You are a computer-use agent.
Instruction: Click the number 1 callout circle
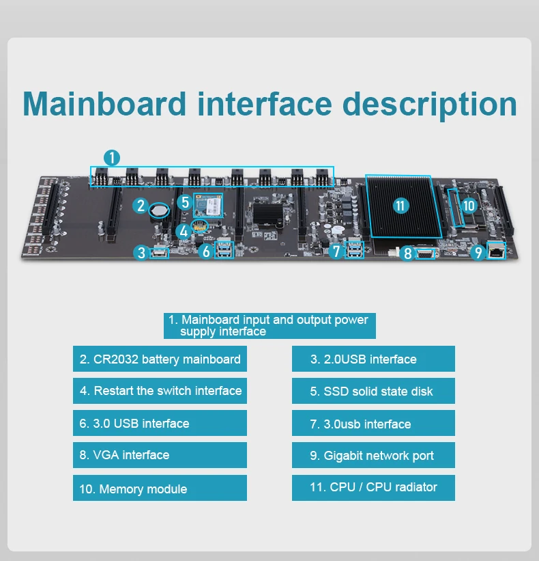point(112,157)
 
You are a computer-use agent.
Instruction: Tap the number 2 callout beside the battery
point(141,205)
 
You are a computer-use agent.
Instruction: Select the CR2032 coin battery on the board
point(160,210)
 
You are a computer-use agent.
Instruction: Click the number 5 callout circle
point(185,202)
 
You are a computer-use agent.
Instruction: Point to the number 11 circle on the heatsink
point(400,205)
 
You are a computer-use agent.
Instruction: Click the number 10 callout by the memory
point(468,205)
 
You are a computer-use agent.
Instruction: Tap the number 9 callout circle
point(478,253)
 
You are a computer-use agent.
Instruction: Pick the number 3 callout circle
point(141,253)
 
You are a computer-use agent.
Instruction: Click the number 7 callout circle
point(335,251)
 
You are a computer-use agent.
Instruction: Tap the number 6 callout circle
point(207,251)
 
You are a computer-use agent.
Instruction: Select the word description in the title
point(429,104)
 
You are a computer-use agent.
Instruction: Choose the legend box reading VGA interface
point(160,455)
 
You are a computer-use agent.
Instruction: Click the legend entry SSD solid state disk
point(373,392)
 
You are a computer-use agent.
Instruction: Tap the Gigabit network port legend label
point(373,456)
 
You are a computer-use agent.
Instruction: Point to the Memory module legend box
point(160,489)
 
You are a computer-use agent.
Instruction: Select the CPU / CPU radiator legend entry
point(373,488)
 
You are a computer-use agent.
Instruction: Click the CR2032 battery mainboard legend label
point(160,359)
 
